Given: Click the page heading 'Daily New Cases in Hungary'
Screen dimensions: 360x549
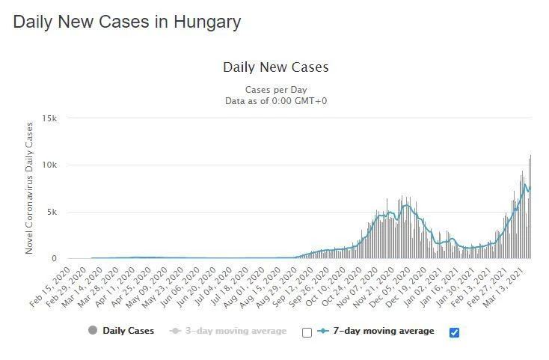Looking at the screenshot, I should (x=127, y=22).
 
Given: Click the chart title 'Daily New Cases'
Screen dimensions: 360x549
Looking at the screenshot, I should (x=275, y=67).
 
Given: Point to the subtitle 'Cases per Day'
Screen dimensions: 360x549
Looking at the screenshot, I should (x=275, y=90).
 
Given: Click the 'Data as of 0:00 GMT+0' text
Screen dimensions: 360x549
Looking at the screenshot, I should (x=275, y=101).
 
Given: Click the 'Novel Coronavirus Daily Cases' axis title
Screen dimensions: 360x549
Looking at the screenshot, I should (x=30, y=188).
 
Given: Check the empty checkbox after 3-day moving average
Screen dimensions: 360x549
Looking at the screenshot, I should (x=307, y=332).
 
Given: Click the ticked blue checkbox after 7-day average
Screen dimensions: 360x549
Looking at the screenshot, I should (x=454, y=332).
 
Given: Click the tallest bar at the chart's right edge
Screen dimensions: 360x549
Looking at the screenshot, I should (x=530, y=210).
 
